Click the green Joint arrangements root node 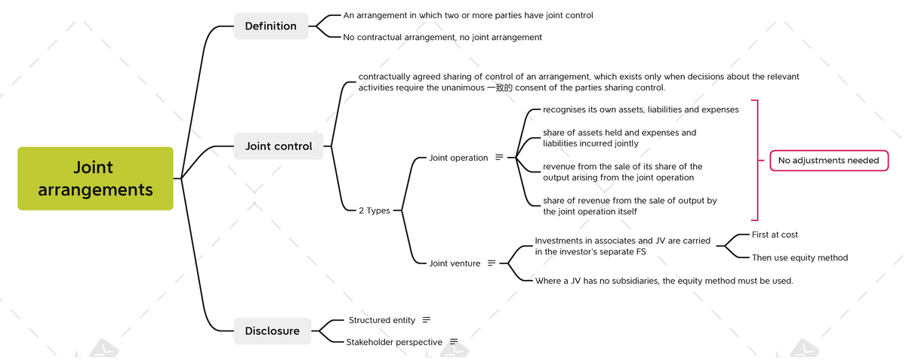coord(95,178)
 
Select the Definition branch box coord(270,26)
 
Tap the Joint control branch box coord(278,146)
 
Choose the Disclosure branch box coord(272,331)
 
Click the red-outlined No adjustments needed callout coord(828,160)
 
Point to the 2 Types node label coord(374,211)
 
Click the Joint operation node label coord(458,158)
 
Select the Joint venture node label coord(455,263)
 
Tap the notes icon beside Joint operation coord(499,158)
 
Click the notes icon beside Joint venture coord(492,263)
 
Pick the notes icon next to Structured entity coord(427,320)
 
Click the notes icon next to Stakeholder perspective coord(454,342)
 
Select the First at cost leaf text coord(775,235)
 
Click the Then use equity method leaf coord(800,257)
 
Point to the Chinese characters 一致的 coord(499,88)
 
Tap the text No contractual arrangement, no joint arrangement coord(442,37)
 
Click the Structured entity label coord(382,320)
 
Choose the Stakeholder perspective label coord(394,342)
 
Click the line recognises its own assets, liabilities coord(640,109)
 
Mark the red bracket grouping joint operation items coord(756,160)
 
